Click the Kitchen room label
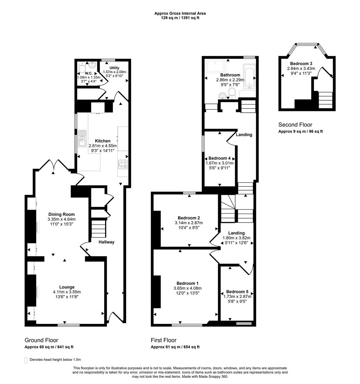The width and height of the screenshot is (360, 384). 102,141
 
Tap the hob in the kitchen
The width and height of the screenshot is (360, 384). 123,165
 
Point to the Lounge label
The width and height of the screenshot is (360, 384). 67,287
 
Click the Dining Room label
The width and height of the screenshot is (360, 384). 61,214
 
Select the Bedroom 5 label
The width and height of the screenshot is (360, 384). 237,292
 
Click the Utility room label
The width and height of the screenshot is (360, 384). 114,68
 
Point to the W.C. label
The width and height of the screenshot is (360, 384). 88,73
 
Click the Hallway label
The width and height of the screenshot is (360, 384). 107,242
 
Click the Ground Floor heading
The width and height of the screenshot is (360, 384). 41,340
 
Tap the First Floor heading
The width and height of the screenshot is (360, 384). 163,340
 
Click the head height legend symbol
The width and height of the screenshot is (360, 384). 26,360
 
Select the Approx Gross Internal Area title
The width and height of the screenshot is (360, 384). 180,14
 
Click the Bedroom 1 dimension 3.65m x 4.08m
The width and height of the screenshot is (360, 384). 187,288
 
